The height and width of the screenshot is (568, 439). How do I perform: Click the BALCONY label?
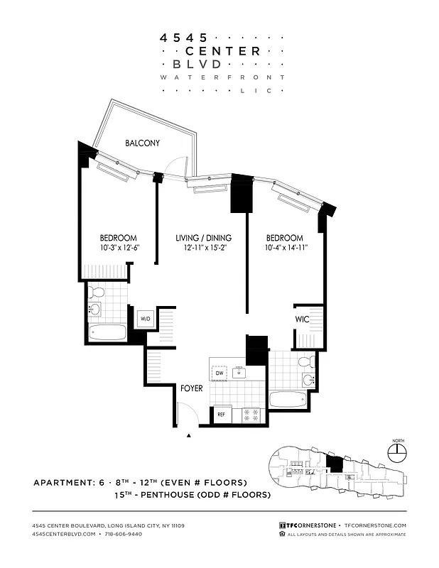pos(142,143)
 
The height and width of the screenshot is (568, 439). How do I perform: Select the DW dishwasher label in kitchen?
pos(219,372)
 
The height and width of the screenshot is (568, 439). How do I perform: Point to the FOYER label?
pos(191,389)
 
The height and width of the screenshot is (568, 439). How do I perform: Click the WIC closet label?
pos(303,319)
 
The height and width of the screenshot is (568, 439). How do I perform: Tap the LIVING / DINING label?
pos(203,238)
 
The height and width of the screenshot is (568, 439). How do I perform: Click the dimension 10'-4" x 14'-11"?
pos(284,248)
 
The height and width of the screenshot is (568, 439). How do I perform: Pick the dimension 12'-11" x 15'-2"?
pos(203,248)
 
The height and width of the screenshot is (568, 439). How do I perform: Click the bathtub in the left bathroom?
pos(107,332)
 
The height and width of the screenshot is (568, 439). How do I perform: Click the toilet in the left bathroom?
pos(98,291)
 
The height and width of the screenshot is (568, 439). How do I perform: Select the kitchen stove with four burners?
pos(251,415)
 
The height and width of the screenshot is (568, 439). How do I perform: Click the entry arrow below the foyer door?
pos(188,435)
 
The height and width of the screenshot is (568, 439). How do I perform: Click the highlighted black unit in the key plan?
pos(334,464)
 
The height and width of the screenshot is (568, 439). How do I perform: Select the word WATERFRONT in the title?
pos(222,77)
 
